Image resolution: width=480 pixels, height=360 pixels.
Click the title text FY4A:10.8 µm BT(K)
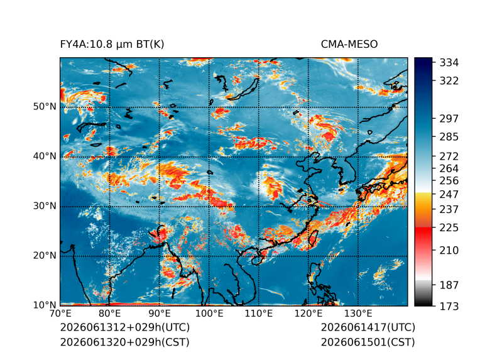pyautogui.click(x=112, y=45)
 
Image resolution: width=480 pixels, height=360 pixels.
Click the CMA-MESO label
pyautogui.click(x=349, y=45)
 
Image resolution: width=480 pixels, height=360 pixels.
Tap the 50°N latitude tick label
pyautogui.click(x=45, y=107)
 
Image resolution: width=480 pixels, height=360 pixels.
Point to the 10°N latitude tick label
pyautogui.click(x=45, y=305)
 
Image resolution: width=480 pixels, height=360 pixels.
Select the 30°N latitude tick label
pyautogui.click(x=45, y=205)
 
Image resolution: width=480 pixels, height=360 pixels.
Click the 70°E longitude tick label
pyautogui.click(x=60, y=314)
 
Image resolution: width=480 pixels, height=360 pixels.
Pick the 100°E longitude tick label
pyautogui.click(x=209, y=314)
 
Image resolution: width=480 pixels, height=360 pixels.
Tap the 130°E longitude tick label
pyautogui.click(x=358, y=314)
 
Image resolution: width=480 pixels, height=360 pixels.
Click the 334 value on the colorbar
pyautogui.click(x=449, y=63)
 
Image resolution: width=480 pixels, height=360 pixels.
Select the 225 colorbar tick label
pyautogui.click(x=449, y=228)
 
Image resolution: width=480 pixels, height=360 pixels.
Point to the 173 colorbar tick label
pyautogui.click(x=449, y=306)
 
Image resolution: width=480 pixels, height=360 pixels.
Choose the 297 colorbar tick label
pyautogui.click(x=449, y=119)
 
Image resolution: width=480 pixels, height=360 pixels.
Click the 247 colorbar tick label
pyautogui.click(x=449, y=194)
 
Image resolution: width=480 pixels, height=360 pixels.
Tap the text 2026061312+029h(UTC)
pyautogui.click(x=125, y=327)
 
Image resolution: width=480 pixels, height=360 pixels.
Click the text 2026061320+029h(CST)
pyautogui.click(x=124, y=342)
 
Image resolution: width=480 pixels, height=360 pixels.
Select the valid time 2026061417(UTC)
pyautogui.click(x=368, y=327)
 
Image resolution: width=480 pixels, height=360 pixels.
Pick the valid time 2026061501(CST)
pyautogui.click(x=368, y=342)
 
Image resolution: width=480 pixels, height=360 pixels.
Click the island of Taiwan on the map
pyautogui.click(x=313, y=238)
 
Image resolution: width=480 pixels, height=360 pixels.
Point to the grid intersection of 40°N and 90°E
pyautogui.click(x=160, y=157)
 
